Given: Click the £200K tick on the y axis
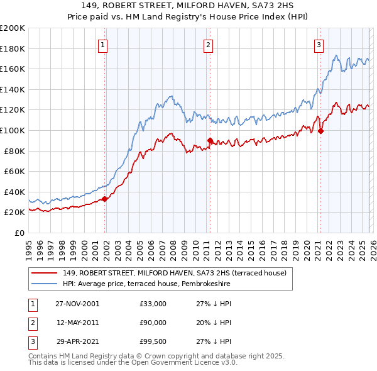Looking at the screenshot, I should pyautogui.click(x=13, y=28).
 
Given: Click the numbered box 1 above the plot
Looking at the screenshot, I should pyautogui.click(x=102, y=45).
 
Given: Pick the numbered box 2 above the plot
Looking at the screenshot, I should pyautogui.click(x=208, y=45).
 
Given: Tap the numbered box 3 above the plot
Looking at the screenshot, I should pyautogui.click(x=319, y=45).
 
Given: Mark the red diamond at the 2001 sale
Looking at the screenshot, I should pyautogui.click(x=105, y=199).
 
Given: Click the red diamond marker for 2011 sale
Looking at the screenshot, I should pyautogui.click(x=210, y=141).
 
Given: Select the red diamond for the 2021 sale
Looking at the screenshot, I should pyautogui.click(x=320, y=131).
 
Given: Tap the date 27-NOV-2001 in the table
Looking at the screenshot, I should pyautogui.click(x=77, y=304).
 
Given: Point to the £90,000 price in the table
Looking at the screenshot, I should pyautogui.click(x=153, y=323).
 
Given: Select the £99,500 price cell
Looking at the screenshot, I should pyautogui.click(x=153, y=341).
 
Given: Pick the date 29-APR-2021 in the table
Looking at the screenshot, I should pyautogui.click(x=77, y=341).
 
